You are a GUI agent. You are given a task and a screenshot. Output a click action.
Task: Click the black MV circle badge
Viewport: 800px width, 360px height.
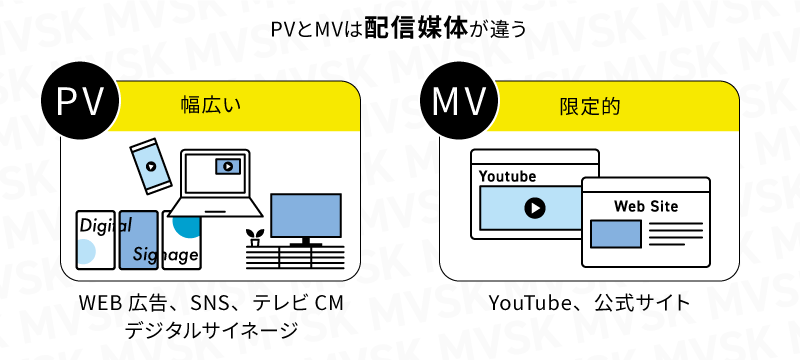[x=460, y=104]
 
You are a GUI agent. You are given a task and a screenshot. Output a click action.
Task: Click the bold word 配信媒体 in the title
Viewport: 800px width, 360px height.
[x=429, y=28]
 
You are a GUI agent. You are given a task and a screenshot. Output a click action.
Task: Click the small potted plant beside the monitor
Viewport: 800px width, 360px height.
[x=254, y=238]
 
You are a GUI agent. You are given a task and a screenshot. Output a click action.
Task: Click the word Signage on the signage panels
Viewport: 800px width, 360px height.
[x=166, y=255]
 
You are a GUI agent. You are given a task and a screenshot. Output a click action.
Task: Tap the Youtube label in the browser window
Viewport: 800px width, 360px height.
[x=507, y=176]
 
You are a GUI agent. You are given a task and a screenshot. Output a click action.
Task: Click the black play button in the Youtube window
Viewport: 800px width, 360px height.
[x=534, y=207]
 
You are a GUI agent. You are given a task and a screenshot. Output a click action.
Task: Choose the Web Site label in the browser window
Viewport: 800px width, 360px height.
[x=645, y=206]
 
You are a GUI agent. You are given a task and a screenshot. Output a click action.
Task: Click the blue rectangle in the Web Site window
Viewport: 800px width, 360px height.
[x=615, y=233]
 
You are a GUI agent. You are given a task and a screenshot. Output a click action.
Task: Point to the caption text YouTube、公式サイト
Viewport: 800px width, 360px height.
[x=589, y=303]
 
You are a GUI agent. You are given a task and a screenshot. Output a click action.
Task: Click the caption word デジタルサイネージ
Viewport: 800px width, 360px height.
[x=211, y=329]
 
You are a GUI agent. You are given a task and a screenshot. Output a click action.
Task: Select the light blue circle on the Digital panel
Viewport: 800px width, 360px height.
[x=86, y=252]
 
